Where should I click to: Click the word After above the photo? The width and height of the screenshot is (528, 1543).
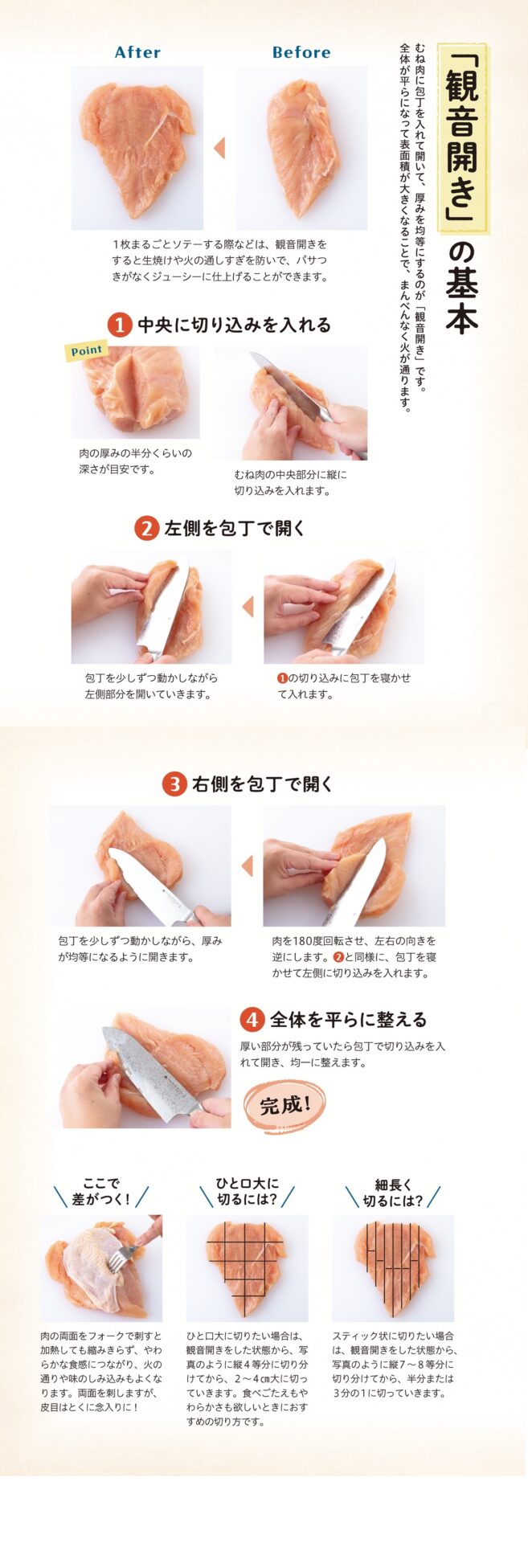[137, 52]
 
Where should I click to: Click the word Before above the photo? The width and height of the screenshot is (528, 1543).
[301, 52]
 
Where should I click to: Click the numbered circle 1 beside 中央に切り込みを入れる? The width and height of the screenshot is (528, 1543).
[120, 325]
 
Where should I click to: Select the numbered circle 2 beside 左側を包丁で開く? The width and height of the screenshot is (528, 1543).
[146, 529]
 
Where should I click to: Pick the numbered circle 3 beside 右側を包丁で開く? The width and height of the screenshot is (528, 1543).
[174, 784]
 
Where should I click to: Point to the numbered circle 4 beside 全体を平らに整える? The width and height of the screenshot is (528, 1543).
[252, 1020]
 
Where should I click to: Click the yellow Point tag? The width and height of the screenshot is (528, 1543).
[86, 350]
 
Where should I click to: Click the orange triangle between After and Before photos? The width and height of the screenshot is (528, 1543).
[219, 148]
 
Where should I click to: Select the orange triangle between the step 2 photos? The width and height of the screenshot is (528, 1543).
[248, 607]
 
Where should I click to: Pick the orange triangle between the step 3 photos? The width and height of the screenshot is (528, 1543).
[247, 866]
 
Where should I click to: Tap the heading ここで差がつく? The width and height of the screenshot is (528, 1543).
[101, 1193]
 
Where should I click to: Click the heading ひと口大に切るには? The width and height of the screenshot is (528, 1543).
[247, 1193]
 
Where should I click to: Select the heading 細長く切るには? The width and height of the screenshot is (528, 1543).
[393, 1193]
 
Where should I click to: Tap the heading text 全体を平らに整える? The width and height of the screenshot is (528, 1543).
[348, 1020]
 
